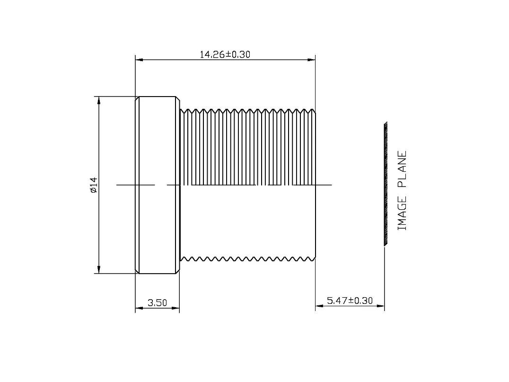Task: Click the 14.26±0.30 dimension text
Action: (225, 54)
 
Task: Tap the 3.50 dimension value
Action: (158, 303)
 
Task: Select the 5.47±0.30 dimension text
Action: (350, 301)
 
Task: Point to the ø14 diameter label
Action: (94, 185)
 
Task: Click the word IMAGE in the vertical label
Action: (402, 214)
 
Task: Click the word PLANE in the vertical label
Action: (402, 169)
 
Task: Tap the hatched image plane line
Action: (386, 184)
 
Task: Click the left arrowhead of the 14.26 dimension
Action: (139, 60)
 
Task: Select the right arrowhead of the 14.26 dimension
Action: (311, 60)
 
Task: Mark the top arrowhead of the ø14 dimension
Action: (99, 100)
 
